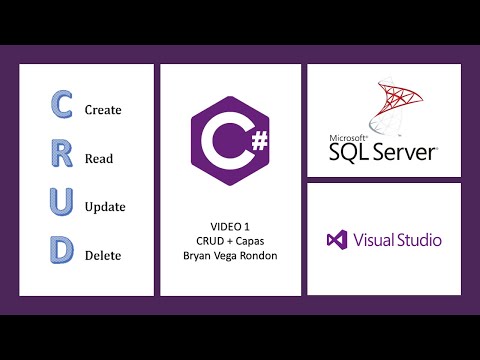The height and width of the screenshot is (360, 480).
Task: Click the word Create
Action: coord(103,109)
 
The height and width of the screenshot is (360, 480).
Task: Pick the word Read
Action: coord(98,158)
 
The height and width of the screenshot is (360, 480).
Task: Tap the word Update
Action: coord(105,207)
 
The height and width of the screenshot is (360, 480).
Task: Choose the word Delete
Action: coord(103,255)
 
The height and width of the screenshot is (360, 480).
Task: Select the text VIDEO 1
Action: coord(230,227)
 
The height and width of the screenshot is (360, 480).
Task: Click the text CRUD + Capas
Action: coord(230,242)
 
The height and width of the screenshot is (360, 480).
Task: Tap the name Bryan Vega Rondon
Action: coord(230,257)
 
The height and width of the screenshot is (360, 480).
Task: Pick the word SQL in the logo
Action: coord(351,153)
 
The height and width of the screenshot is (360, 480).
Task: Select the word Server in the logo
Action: coord(406,153)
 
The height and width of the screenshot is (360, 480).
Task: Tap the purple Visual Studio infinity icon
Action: coord(336,240)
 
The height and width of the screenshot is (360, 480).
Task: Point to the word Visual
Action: coord(372,240)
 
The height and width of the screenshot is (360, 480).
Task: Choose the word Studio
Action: coord(419,240)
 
